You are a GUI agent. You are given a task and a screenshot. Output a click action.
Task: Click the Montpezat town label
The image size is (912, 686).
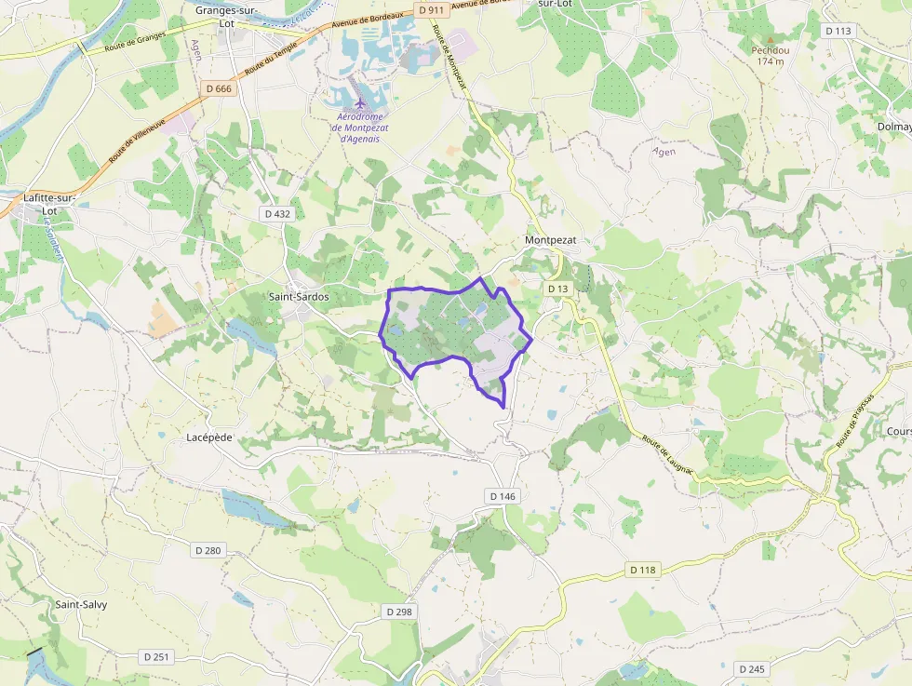[551, 240]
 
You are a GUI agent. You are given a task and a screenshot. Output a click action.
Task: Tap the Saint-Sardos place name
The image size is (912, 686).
[299, 297]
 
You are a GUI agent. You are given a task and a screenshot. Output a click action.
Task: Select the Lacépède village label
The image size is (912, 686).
[209, 437]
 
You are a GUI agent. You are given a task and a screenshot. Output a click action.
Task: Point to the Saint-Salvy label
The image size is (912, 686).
[81, 604]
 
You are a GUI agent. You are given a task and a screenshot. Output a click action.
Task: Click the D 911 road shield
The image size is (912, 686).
[432, 9]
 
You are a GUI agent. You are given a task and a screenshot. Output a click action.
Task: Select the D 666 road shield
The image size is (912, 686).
[218, 88]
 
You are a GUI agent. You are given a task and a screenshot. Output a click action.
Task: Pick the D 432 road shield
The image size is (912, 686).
[277, 214]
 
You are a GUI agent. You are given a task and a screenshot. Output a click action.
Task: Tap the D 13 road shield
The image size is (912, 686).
[557, 289]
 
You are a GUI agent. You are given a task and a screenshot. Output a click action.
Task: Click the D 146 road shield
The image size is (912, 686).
[502, 496]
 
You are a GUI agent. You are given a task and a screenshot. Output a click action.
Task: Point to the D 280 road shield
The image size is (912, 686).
[208, 550]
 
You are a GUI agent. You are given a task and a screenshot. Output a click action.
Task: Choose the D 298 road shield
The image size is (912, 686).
[398, 612]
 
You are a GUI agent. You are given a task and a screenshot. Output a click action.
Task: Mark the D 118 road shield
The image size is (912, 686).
[643, 570]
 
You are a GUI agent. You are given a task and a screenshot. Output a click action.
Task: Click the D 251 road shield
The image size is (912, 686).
[157, 657]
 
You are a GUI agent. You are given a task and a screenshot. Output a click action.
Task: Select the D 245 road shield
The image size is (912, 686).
[751, 669]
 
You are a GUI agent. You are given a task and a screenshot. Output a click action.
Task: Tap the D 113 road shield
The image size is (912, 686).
[838, 31]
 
